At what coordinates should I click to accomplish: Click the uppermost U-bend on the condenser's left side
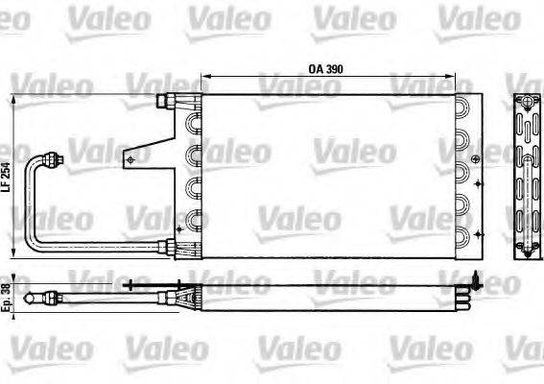click(x=196, y=123)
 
